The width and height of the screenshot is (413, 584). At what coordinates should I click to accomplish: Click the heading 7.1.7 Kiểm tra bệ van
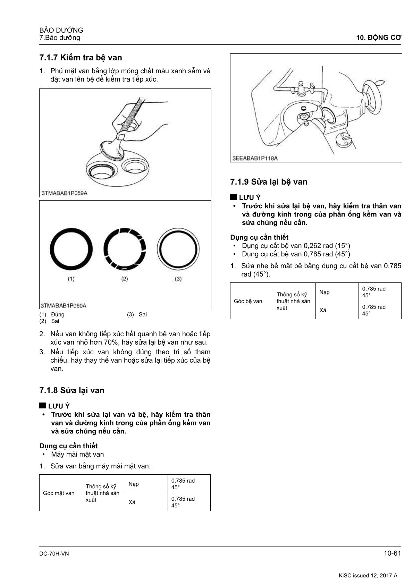[81, 58]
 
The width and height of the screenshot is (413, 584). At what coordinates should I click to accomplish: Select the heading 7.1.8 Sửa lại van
[72, 390]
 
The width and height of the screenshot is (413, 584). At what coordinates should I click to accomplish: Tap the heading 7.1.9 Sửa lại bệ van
[269, 182]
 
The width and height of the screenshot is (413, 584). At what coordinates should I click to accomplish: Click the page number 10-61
[392, 553]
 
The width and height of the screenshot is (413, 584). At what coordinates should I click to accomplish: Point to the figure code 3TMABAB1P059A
[64, 193]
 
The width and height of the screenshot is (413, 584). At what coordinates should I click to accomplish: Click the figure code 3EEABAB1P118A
[255, 158]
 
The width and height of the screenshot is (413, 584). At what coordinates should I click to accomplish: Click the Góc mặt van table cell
[59, 493]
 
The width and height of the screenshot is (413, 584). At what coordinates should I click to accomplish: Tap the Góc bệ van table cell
[248, 301]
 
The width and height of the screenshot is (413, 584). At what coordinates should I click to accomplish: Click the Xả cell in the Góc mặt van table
[132, 502]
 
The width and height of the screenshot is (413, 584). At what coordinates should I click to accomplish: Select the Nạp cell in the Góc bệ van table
[324, 292]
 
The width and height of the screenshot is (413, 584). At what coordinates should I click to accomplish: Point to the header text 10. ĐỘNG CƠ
[379, 38]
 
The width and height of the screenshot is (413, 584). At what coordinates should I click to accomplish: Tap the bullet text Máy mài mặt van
[77, 454]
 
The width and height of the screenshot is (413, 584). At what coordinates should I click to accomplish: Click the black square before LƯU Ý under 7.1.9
[234, 197]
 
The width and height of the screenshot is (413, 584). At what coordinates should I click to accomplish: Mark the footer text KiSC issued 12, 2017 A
[368, 575]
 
